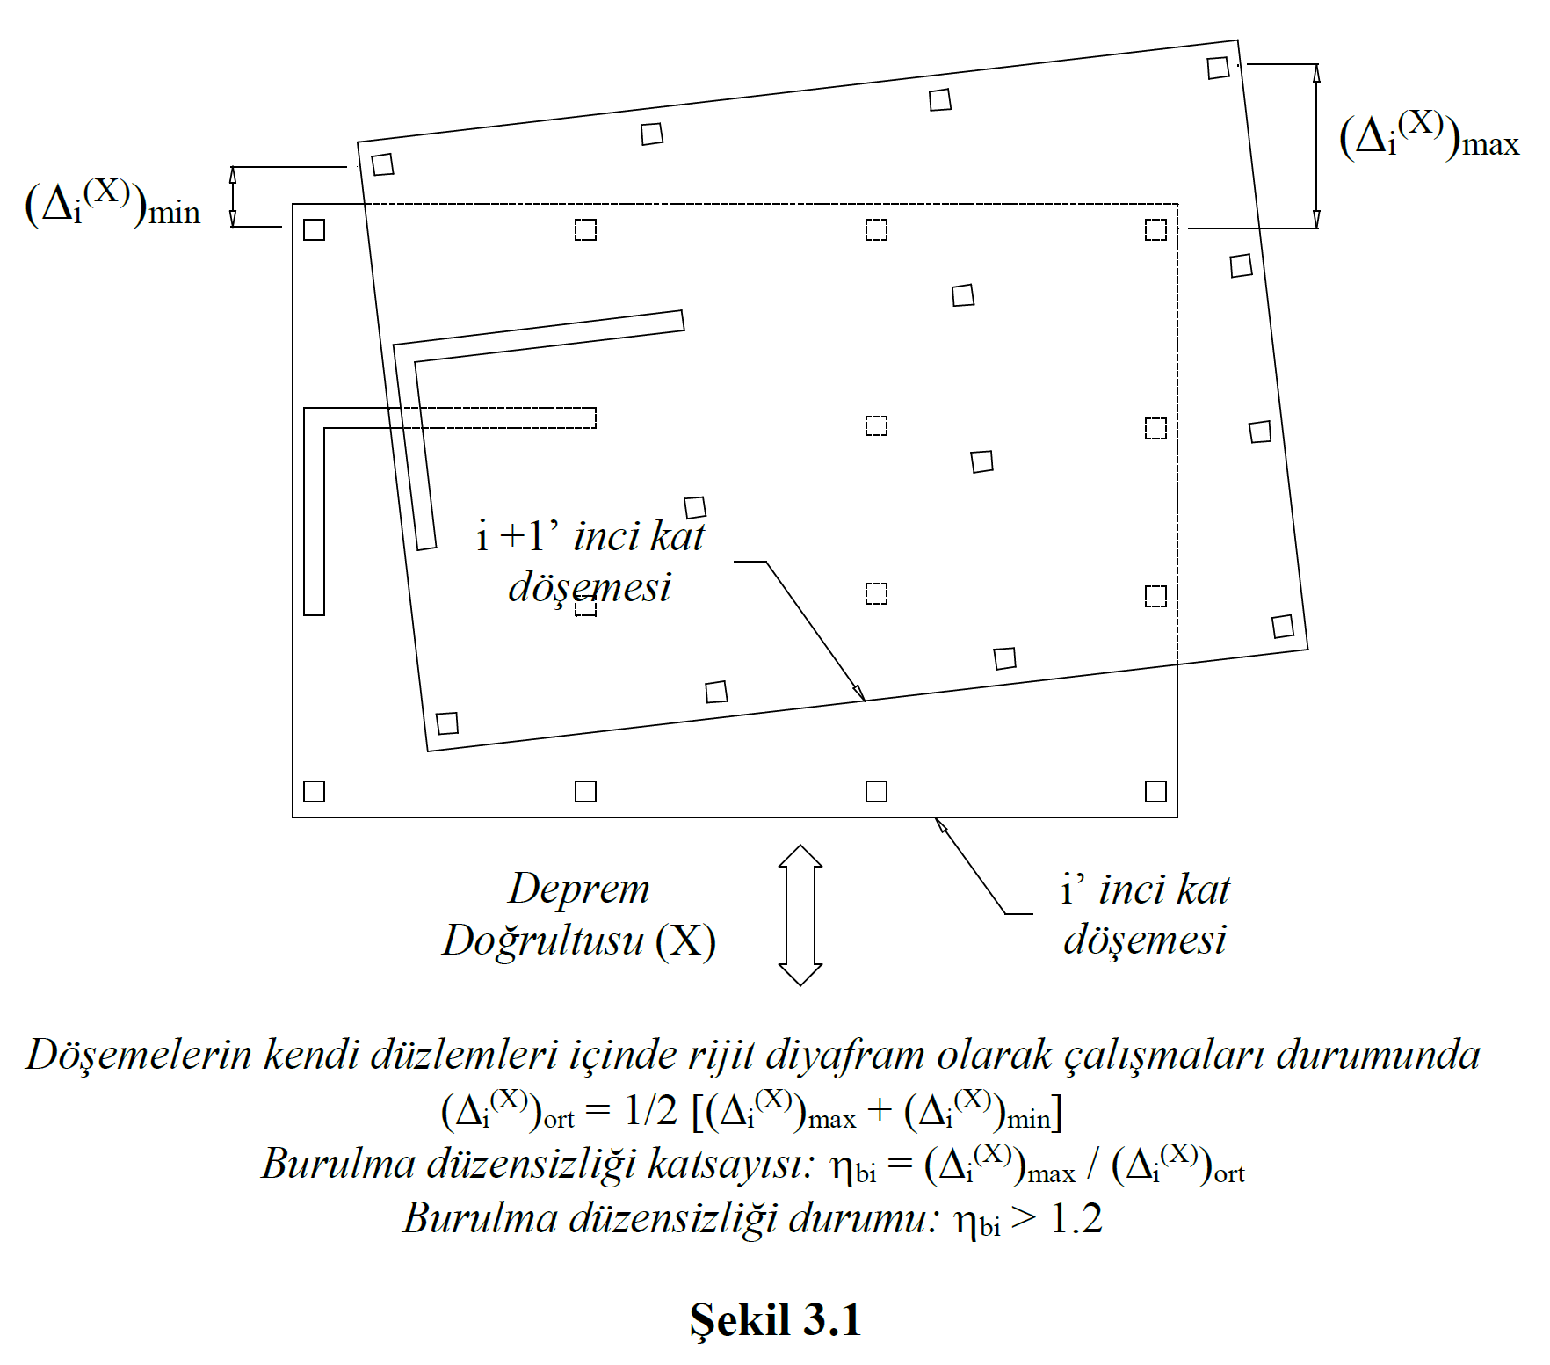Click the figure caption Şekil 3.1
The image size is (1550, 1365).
tap(774, 1320)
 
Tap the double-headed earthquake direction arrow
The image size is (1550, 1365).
tap(800, 915)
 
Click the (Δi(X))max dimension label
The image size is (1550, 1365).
tap(1429, 136)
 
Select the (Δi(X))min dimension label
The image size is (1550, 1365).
tap(112, 204)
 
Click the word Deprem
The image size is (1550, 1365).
tap(579, 889)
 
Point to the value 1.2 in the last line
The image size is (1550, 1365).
tap(1076, 1219)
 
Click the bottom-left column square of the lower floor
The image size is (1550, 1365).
tap(314, 791)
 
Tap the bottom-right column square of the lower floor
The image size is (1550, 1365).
tap(1155, 791)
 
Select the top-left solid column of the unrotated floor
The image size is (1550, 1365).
tap(314, 229)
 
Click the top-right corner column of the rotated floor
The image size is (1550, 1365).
tap(1218, 68)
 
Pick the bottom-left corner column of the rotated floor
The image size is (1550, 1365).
tap(447, 723)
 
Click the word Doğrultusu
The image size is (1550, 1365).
tap(543, 940)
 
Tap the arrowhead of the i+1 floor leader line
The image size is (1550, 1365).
tap(859, 693)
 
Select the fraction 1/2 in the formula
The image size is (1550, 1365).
tap(650, 1112)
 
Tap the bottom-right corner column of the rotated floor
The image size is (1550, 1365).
tap(1282, 626)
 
